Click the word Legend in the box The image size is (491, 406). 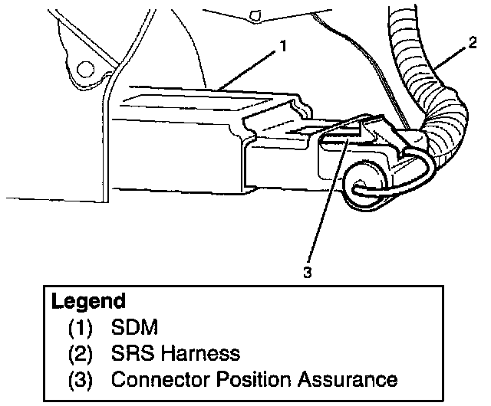click(x=88, y=301)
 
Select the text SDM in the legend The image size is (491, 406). click(x=134, y=329)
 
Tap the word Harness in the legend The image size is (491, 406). click(x=200, y=354)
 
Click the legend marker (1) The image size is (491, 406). click(x=81, y=329)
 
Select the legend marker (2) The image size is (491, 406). click(x=81, y=354)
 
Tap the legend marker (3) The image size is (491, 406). click(x=81, y=378)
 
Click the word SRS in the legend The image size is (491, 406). click(x=131, y=354)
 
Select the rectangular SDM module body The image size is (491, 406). click(x=176, y=149)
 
